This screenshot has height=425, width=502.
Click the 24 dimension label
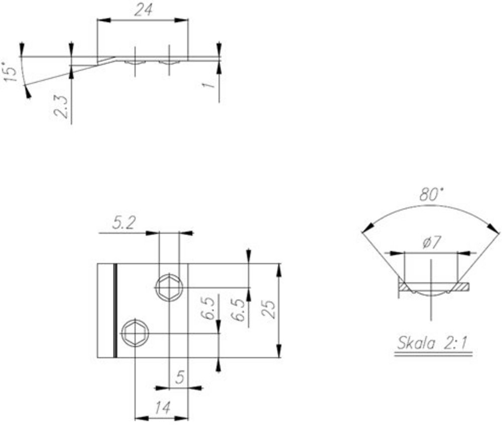(x=143, y=11)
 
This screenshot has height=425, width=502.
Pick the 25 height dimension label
(x=270, y=310)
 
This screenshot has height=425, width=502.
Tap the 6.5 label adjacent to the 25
(x=240, y=310)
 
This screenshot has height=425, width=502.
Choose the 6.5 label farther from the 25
(x=210, y=310)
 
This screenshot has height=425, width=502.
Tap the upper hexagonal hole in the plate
(x=169, y=288)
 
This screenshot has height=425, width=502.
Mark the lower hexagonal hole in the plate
(x=135, y=333)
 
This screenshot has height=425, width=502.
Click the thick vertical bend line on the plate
(x=115, y=311)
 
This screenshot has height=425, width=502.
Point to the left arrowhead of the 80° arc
(x=365, y=230)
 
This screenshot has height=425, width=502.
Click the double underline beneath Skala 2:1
(x=433, y=354)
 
